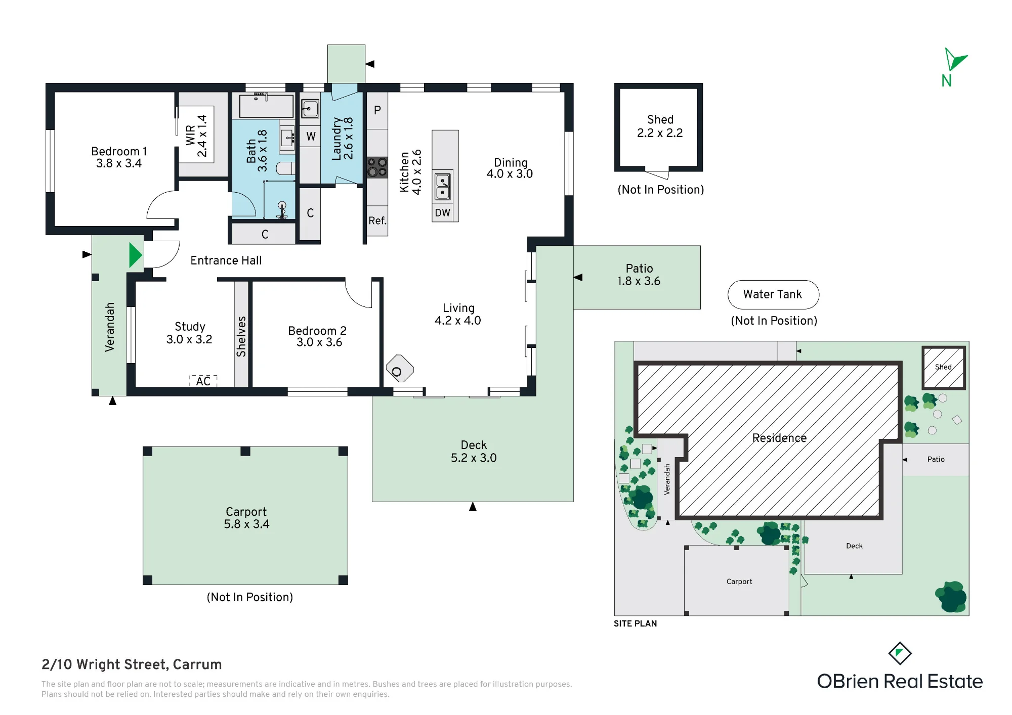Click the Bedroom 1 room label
(x=119, y=157)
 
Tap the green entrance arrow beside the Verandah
(x=135, y=255)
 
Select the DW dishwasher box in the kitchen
(x=443, y=213)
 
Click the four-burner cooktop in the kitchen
(x=377, y=167)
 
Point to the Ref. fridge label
(x=377, y=220)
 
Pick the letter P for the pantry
(x=377, y=110)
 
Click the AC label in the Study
(x=203, y=381)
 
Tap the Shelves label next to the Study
(x=241, y=337)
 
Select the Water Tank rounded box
(x=773, y=295)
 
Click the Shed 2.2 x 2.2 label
(x=660, y=126)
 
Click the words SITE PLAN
(x=636, y=623)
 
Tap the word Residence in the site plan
(x=779, y=438)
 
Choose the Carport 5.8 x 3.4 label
(x=246, y=518)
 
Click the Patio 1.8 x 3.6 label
(x=639, y=275)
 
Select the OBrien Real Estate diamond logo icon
(x=900, y=654)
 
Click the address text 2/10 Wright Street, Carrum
(x=132, y=664)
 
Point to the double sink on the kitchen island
(x=443, y=187)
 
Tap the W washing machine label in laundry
(x=311, y=137)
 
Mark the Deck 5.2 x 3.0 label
(x=474, y=452)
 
